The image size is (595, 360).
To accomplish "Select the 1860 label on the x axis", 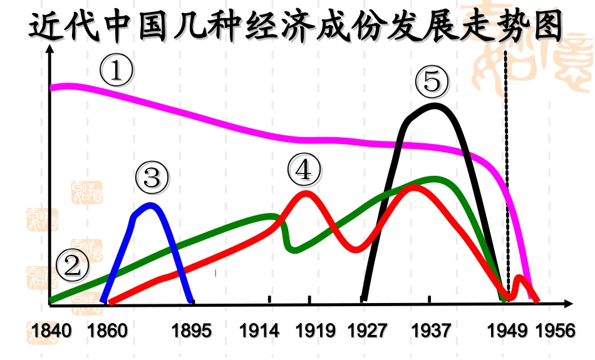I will [107, 329].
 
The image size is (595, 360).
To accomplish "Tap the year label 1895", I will [192, 329].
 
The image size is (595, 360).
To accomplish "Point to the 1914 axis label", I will [259, 329].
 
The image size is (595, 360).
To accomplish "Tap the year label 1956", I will [555, 329].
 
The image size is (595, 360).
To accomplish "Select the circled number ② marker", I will [73, 267].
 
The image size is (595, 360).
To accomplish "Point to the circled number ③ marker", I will [152, 178].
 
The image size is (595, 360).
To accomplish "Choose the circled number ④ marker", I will [304, 169].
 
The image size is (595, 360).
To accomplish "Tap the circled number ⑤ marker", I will [432, 82].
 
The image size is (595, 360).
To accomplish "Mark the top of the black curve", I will [435, 105].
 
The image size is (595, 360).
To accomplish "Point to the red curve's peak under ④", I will [306, 193].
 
